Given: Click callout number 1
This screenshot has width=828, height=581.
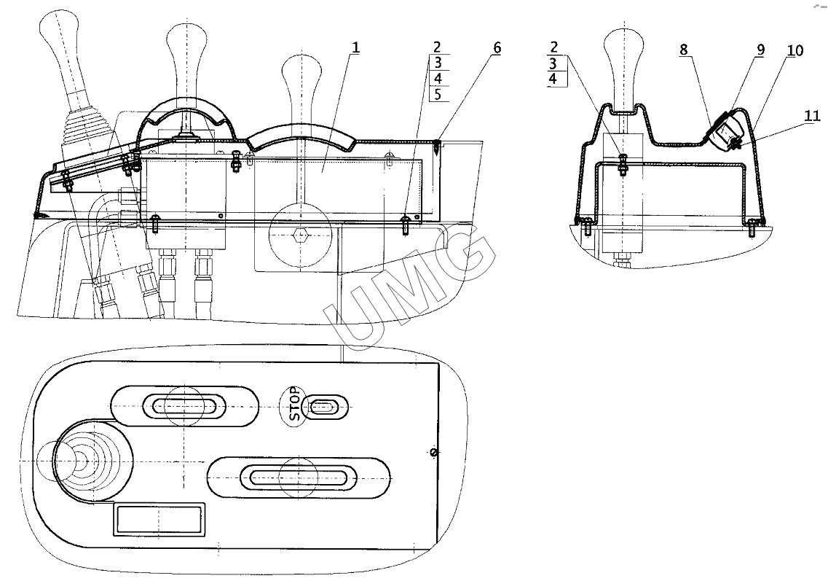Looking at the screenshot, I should (x=355, y=48).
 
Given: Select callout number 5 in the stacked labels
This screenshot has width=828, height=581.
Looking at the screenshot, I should (x=437, y=94).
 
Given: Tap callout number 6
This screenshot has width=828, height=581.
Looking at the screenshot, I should (x=497, y=48).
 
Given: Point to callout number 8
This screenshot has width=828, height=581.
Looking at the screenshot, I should (x=685, y=50).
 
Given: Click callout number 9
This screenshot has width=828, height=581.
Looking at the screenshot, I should (x=760, y=50).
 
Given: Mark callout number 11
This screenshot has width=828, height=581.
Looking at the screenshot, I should (x=813, y=115).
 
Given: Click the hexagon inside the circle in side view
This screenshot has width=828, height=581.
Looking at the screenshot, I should (x=296, y=235).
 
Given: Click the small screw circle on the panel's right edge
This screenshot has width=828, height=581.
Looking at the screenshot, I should (x=434, y=453).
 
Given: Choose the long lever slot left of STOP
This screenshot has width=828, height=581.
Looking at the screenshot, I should (x=184, y=406).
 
